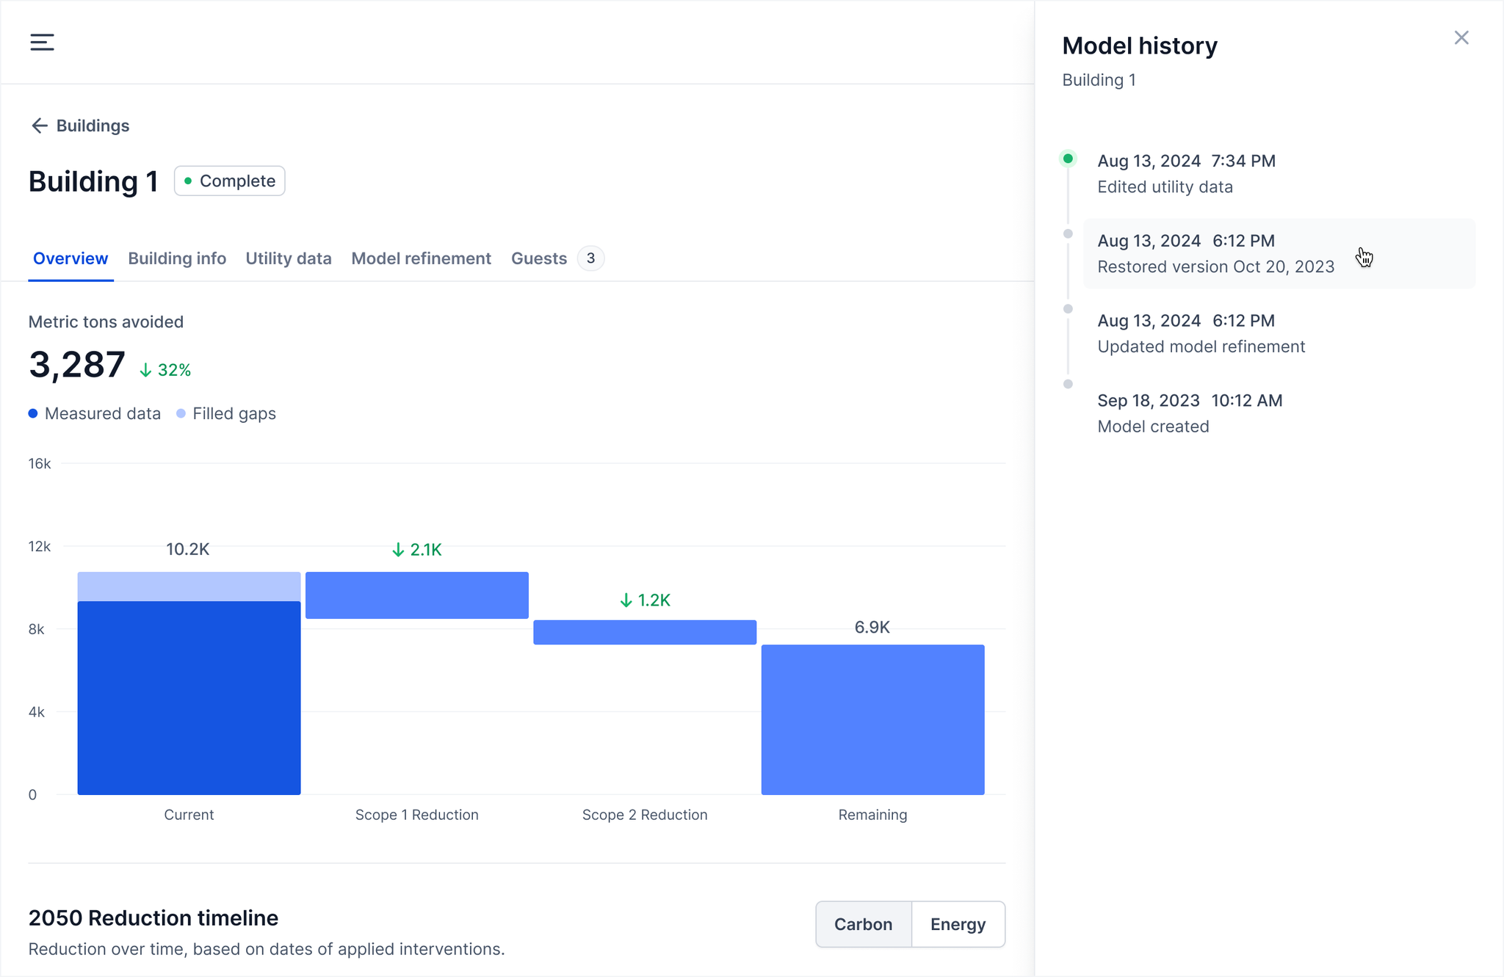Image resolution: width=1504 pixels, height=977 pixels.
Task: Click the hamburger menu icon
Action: point(42,43)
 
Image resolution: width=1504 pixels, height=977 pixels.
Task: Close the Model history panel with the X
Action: point(1461,38)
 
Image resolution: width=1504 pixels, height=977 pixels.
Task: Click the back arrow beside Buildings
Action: point(39,126)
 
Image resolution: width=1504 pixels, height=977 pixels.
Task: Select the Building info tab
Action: point(177,258)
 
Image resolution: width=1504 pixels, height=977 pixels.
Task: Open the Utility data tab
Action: point(289,258)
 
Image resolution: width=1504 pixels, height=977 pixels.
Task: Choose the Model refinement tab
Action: point(421,258)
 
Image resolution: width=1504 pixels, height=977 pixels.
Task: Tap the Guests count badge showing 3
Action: point(590,258)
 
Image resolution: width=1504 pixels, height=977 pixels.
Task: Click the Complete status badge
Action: point(230,181)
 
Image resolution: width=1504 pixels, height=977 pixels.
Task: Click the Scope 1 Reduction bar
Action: point(416,595)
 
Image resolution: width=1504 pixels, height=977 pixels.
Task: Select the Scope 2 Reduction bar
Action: point(645,633)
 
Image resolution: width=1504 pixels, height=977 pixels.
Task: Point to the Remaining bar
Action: point(872,719)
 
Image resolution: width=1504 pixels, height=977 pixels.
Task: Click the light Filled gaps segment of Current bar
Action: point(189,586)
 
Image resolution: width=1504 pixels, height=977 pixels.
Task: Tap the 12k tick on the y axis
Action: point(40,547)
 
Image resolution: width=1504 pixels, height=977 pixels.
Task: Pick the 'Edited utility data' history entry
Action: point(1186,174)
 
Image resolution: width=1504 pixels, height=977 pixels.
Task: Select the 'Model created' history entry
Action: point(1190,414)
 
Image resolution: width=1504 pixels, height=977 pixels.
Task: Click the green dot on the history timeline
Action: point(1068,159)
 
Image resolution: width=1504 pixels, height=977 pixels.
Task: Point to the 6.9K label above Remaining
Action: point(872,628)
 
